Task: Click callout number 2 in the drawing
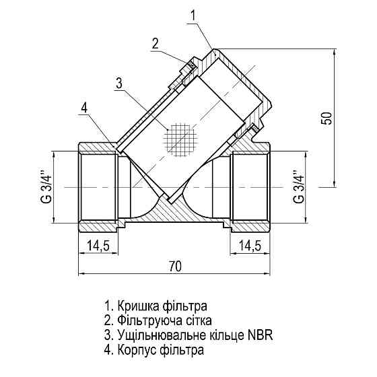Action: pyautogui.click(x=156, y=44)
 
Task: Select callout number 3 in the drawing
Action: pyautogui.click(x=118, y=83)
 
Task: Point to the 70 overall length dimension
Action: pyautogui.click(x=175, y=267)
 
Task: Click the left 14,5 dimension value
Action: pyautogui.click(x=99, y=246)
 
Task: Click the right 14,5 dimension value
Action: pyautogui.click(x=250, y=246)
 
